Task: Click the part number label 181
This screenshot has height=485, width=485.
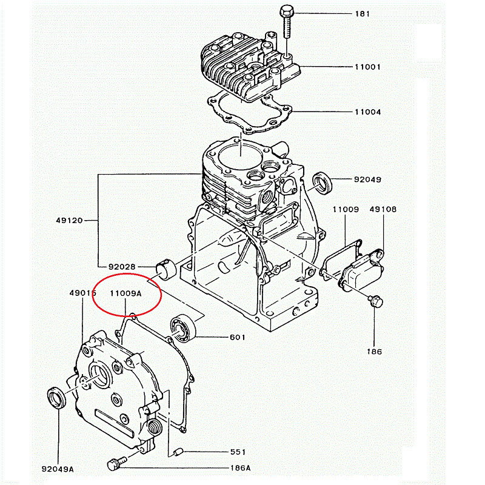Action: tap(363, 13)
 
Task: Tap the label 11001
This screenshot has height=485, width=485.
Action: tap(367, 67)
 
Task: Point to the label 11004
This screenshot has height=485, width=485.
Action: tap(367, 112)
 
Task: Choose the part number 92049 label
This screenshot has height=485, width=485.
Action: tap(367, 179)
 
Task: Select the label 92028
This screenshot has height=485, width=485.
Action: tap(122, 267)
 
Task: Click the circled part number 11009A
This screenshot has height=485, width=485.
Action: tap(125, 293)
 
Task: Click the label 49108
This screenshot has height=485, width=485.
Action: tap(383, 209)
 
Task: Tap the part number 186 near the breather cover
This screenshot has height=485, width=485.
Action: tap(374, 352)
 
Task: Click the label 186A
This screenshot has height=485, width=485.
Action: tap(240, 468)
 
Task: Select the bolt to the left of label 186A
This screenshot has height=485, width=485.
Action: tap(115, 464)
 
